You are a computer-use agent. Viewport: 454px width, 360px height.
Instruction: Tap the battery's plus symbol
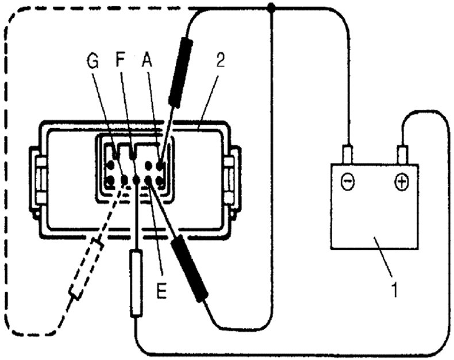pyautogui.click(x=401, y=183)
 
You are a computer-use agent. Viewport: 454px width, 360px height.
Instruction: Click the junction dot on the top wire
pyautogui.click(x=271, y=7)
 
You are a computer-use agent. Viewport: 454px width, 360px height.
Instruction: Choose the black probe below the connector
pyautogui.click(x=188, y=268)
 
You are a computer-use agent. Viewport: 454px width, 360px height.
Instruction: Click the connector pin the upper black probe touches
pyautogui.click(x=159, y=167)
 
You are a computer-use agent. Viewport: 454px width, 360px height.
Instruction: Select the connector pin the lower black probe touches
pyautogui.click(x=148, y=181)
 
